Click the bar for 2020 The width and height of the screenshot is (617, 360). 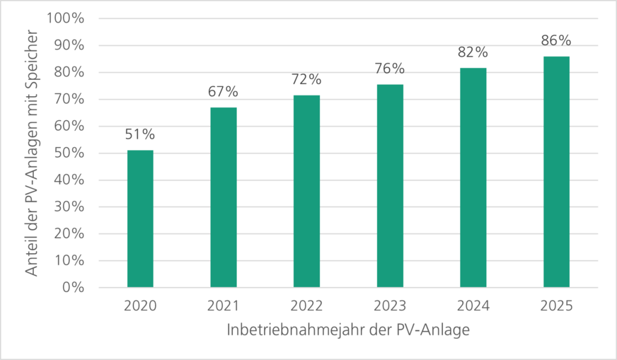point(140,219)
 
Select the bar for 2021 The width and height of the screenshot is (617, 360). point(224,198)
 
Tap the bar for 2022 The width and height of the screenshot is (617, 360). point(306,192)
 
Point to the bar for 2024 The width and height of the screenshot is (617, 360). point(473,178)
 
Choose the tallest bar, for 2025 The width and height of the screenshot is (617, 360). point(556,173)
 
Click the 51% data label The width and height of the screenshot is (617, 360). point(140,135)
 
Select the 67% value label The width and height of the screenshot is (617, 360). point(224,92)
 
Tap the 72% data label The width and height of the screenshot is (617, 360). point(306,79)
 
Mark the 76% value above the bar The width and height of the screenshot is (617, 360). point(390,69)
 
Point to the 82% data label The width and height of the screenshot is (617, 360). point(473,52)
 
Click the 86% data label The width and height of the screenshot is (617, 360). point(556,41)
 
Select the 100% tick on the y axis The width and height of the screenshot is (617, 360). point(65,18)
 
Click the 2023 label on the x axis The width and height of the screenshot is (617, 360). point(390,306)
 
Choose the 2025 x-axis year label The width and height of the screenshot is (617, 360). point(556,306)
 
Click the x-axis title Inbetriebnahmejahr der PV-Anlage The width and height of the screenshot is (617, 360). point(348,330)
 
